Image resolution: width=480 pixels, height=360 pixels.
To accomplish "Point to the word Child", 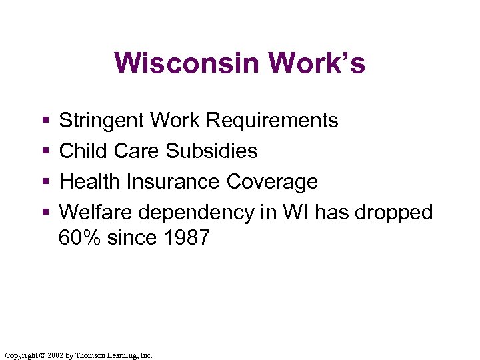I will click(83, 151).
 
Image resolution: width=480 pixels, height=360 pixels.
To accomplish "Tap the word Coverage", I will click(273, 182).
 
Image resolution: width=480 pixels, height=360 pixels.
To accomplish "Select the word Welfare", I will click(96, 213).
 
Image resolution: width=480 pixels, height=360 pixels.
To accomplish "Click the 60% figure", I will click(79, 237).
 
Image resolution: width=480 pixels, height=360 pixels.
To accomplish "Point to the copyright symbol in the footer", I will click(41, 355).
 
